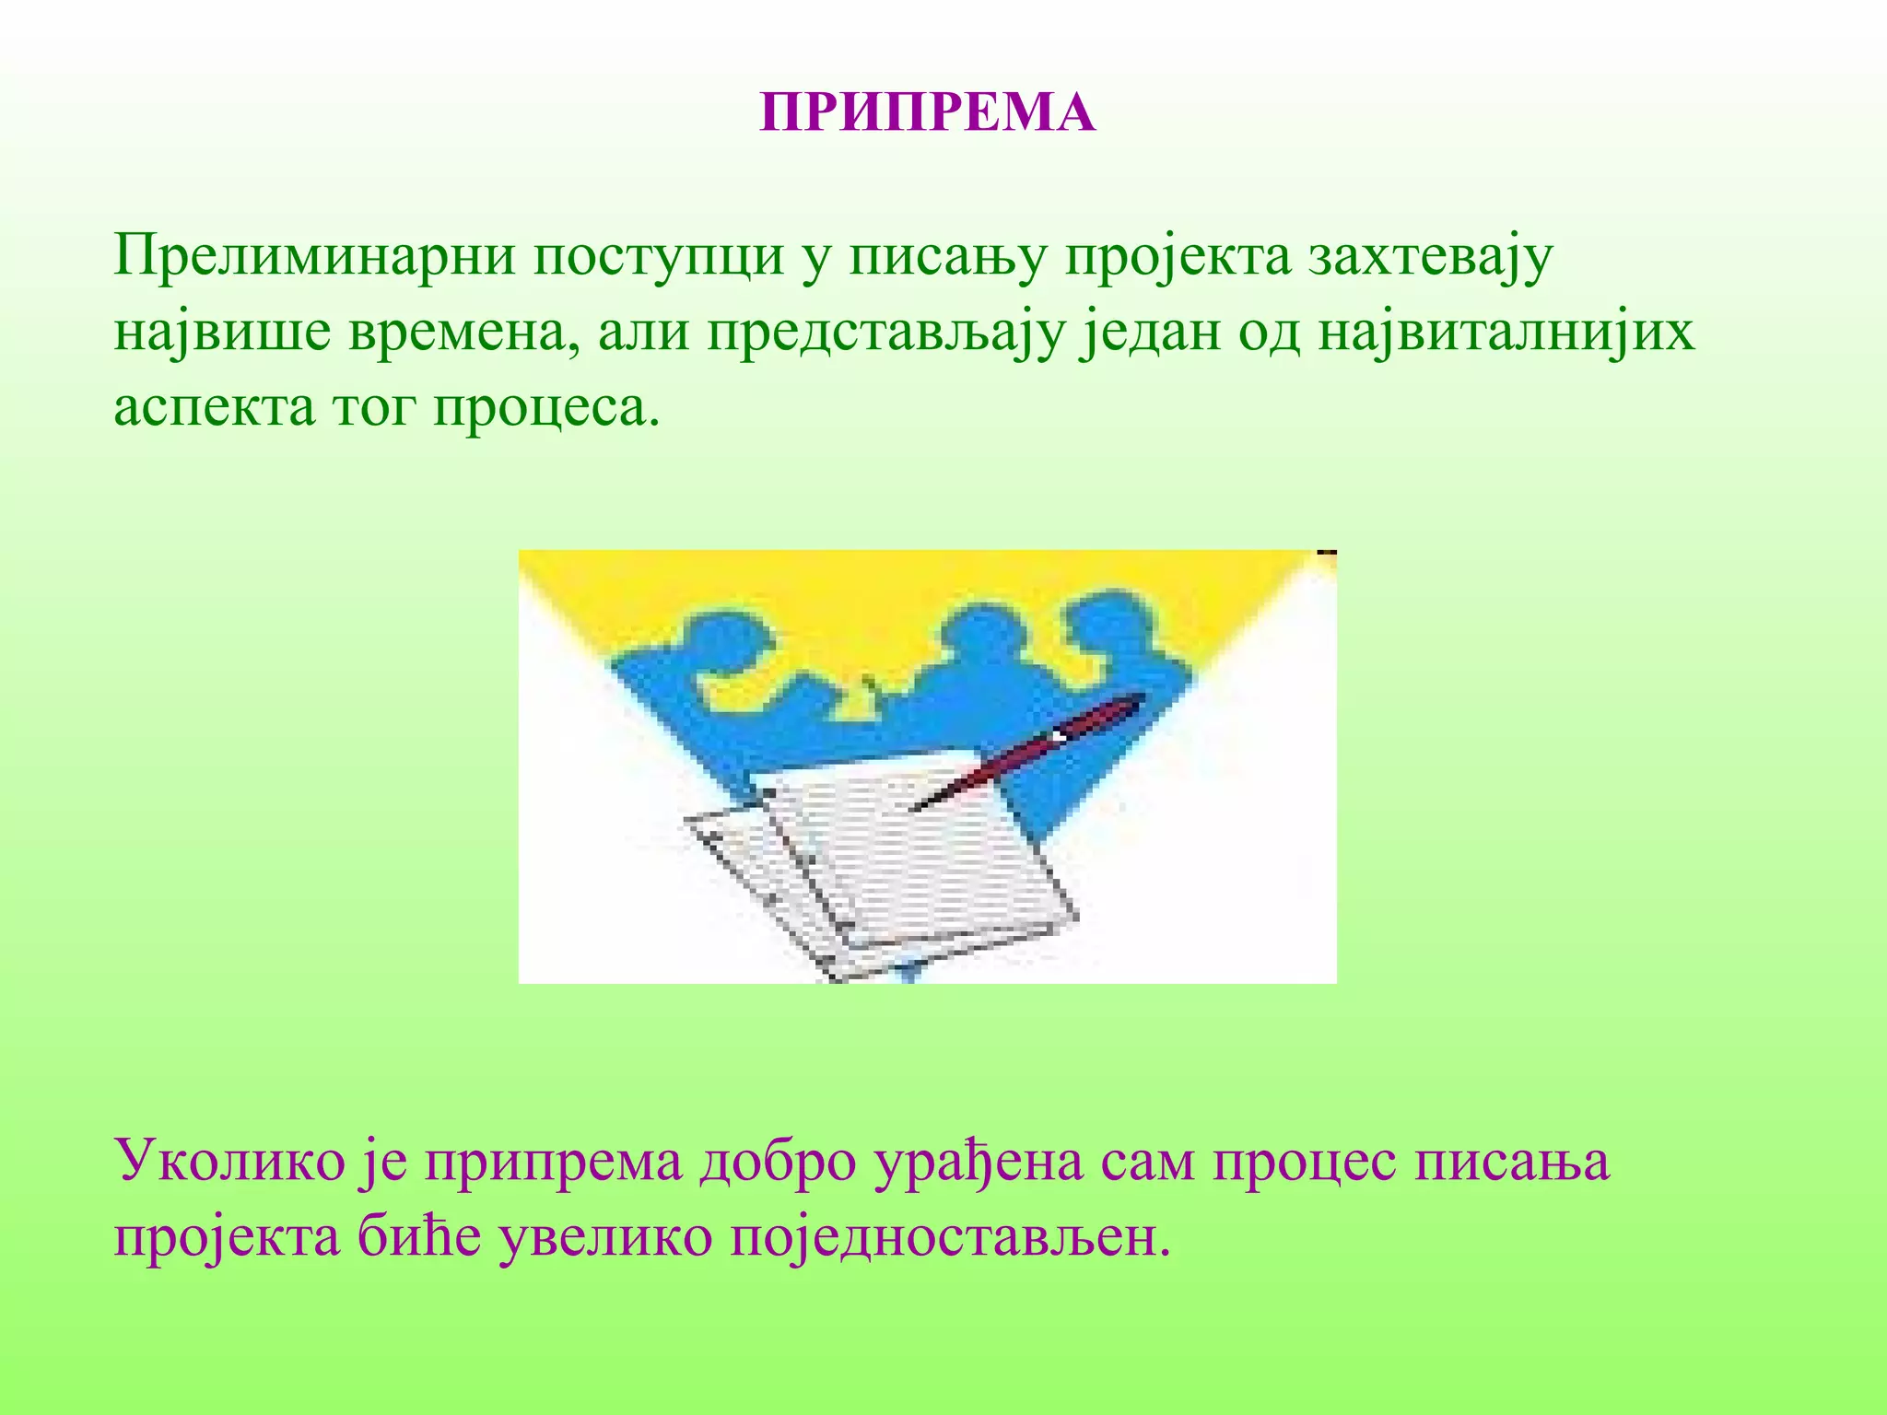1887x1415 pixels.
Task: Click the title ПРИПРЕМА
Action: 927,113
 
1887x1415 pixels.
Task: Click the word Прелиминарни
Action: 314,256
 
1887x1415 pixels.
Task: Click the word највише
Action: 222,333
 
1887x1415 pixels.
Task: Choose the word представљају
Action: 885,333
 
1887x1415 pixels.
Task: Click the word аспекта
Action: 214,408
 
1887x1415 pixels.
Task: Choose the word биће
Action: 419,1238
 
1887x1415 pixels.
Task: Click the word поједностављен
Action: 950,1238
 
